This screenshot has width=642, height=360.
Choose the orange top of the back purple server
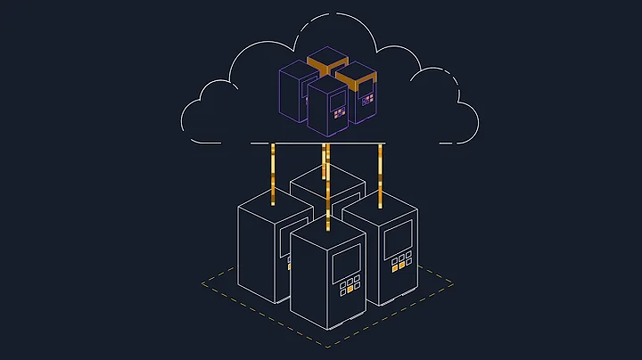pos(326,61)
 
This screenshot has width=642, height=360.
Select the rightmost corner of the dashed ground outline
pos(453,283)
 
